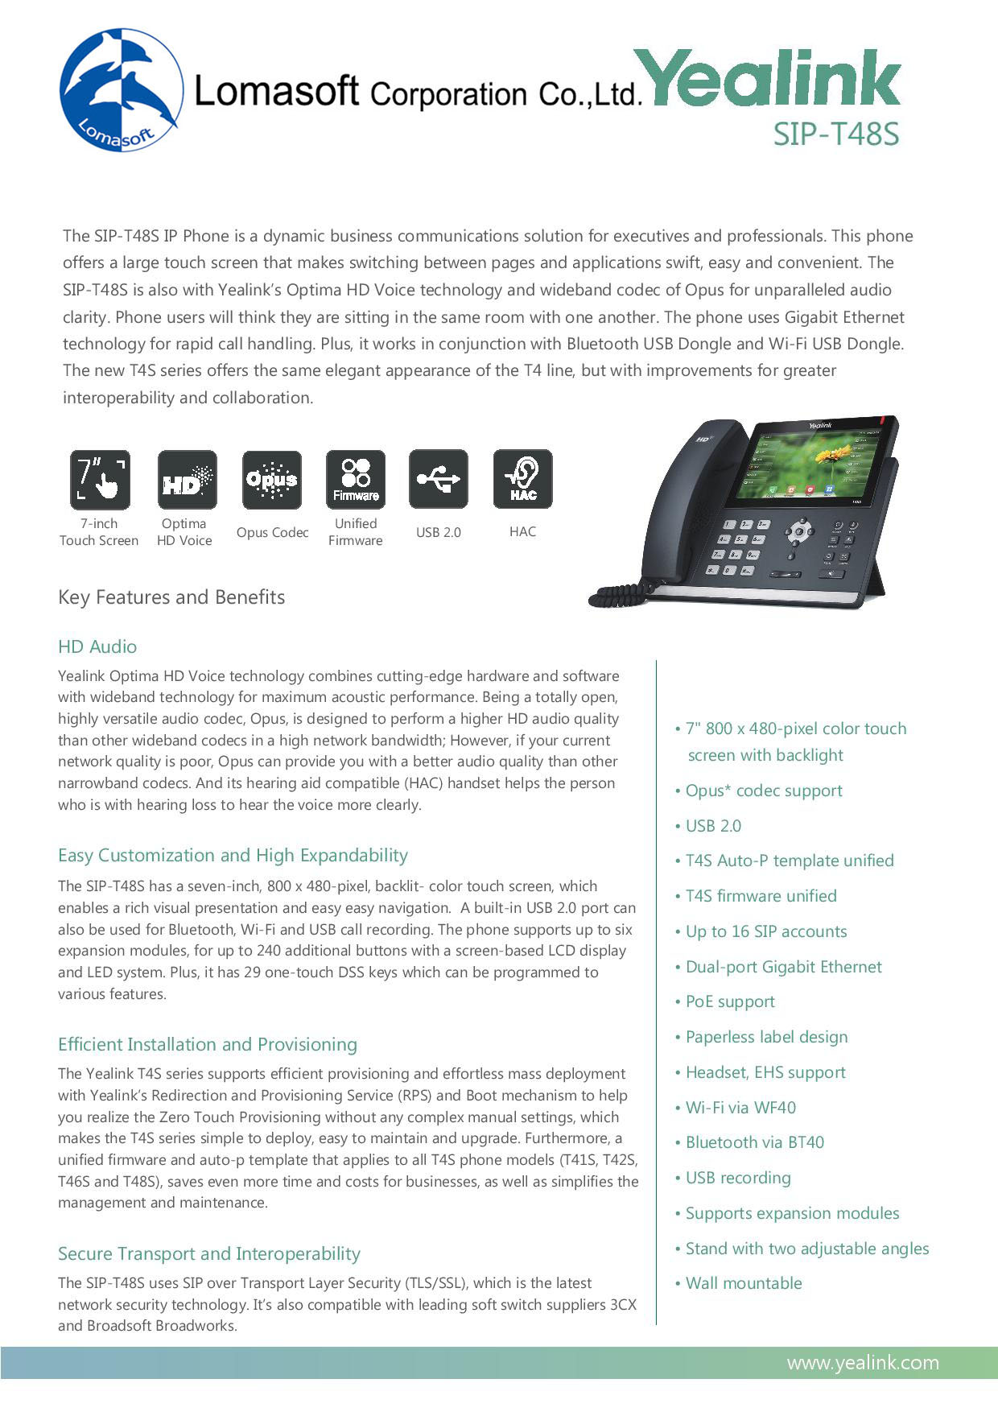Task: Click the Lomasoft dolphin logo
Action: (121, 89)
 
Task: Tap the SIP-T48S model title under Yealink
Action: (835, 134)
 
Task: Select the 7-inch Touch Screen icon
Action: (100, 480)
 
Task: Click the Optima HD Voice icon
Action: (187, 480)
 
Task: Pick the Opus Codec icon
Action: (272, 480)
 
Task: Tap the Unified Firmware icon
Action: (356, 480)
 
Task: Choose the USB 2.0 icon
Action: (439, 480)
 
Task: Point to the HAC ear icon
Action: (523, 480)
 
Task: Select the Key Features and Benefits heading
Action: (171, 597)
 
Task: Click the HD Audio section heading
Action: (97, 646)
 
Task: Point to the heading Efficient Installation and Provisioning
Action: (208, 1044)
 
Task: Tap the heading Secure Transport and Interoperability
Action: (209, 1253)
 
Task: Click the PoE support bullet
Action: (729, 1001)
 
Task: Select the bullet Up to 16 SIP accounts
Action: (765, 931)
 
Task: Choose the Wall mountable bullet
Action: (743, 1283)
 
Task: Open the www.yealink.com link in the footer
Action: (863, 1363)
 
